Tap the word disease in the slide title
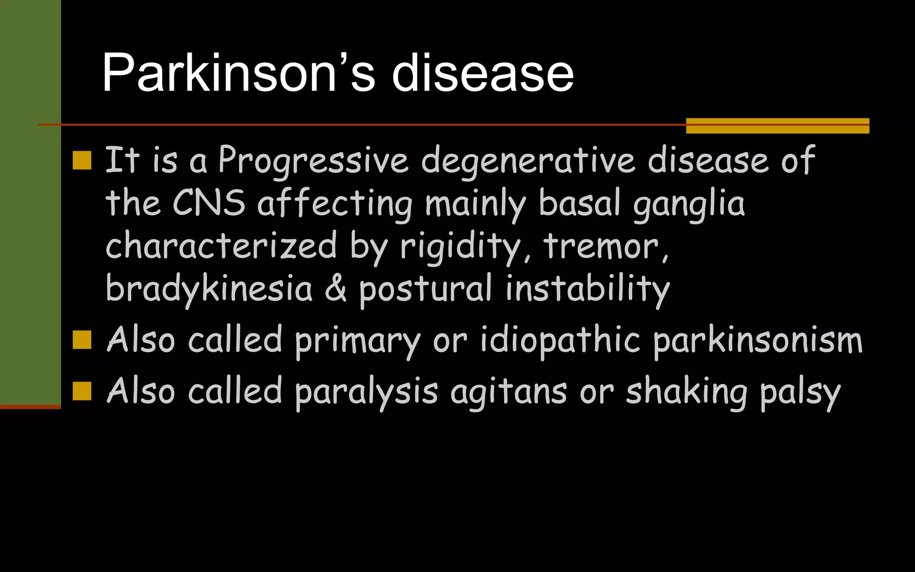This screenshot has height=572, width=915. pyautogui.click(x=483, y=72)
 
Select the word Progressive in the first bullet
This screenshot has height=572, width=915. pyautogui.click(x=313, y=160)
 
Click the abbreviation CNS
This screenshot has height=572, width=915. pyautogui.click(x=209, y=202)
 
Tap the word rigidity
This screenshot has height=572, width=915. pyautogui.click(x=460, y=246)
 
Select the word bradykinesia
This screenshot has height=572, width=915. pyautogui.click(x=209, y=288)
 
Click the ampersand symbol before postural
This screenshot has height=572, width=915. pyautogui.click(x=335, y=288)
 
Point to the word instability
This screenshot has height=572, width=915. pyautogui.click(x=588, y=288)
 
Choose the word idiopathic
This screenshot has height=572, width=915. pyautogui.click(x=561, y=341)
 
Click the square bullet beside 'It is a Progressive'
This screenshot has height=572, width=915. pyautogui.click(x=82, y=160)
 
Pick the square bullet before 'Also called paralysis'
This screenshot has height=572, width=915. pyautogui.click(x=82, y=391)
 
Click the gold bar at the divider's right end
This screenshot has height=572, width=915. pyautogui.click(x=777, y=126)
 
